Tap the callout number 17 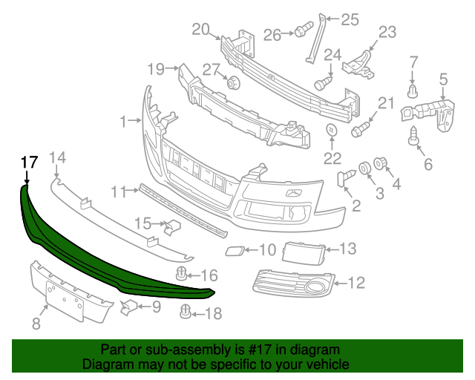(x=28, y=162)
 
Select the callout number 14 (x=57, y=157)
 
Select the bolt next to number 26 (x=301, y=31)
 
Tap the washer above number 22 (x=331, y=132)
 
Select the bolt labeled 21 (x=360, y=128)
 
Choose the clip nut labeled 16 (x=180, y=276)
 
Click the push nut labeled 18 (x=186, y=315)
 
